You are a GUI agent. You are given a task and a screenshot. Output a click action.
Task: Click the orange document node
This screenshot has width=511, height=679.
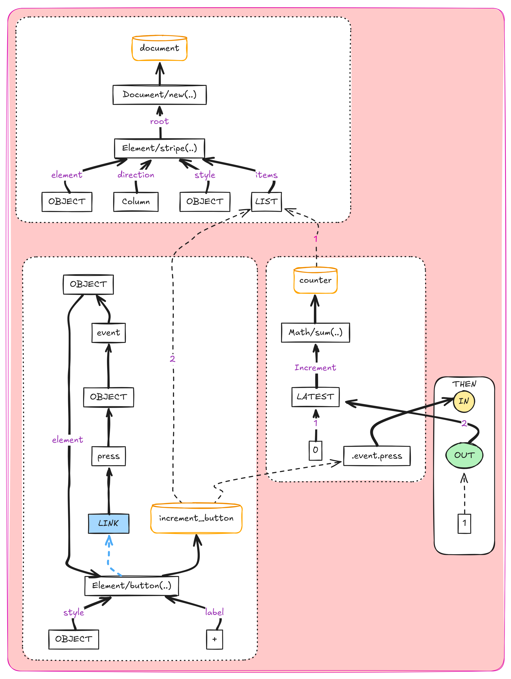[x=159, y=48]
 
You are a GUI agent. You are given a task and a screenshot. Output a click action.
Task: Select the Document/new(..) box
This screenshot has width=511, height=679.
[x=159, y=95]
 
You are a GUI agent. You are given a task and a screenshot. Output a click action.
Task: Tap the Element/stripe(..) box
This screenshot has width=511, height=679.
[x=159, y=148]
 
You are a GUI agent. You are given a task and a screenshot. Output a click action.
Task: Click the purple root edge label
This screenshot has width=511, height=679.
[x=159, y=121]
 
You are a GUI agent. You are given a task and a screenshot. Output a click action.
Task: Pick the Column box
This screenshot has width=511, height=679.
[x=136, y=202]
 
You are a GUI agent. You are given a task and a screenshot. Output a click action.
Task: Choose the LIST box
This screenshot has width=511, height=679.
[x=266, y=202]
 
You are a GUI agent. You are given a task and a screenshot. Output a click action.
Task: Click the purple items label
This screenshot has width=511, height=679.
[x=266, y=175]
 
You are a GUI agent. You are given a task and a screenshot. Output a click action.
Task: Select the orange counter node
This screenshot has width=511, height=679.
[x=315, y=280]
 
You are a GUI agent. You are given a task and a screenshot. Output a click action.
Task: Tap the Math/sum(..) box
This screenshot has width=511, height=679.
[x=315, y=332]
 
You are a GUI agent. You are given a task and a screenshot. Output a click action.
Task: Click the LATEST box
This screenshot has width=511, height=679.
[x=315, y=397]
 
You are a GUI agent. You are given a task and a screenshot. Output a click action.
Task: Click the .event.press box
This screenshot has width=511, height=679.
[x=377, y=456]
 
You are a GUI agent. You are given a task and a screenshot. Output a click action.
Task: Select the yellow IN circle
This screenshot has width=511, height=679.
[x=464, y=401]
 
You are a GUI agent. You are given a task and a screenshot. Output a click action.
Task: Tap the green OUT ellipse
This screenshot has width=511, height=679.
[x=464, y=455]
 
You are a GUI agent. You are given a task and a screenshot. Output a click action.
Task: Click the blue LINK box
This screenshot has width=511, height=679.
[x=108, y=523]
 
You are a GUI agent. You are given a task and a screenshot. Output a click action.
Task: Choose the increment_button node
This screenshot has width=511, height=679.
[x=196, y=518]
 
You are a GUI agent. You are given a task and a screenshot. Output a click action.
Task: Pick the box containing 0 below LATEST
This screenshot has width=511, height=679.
[x=315, y=450]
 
